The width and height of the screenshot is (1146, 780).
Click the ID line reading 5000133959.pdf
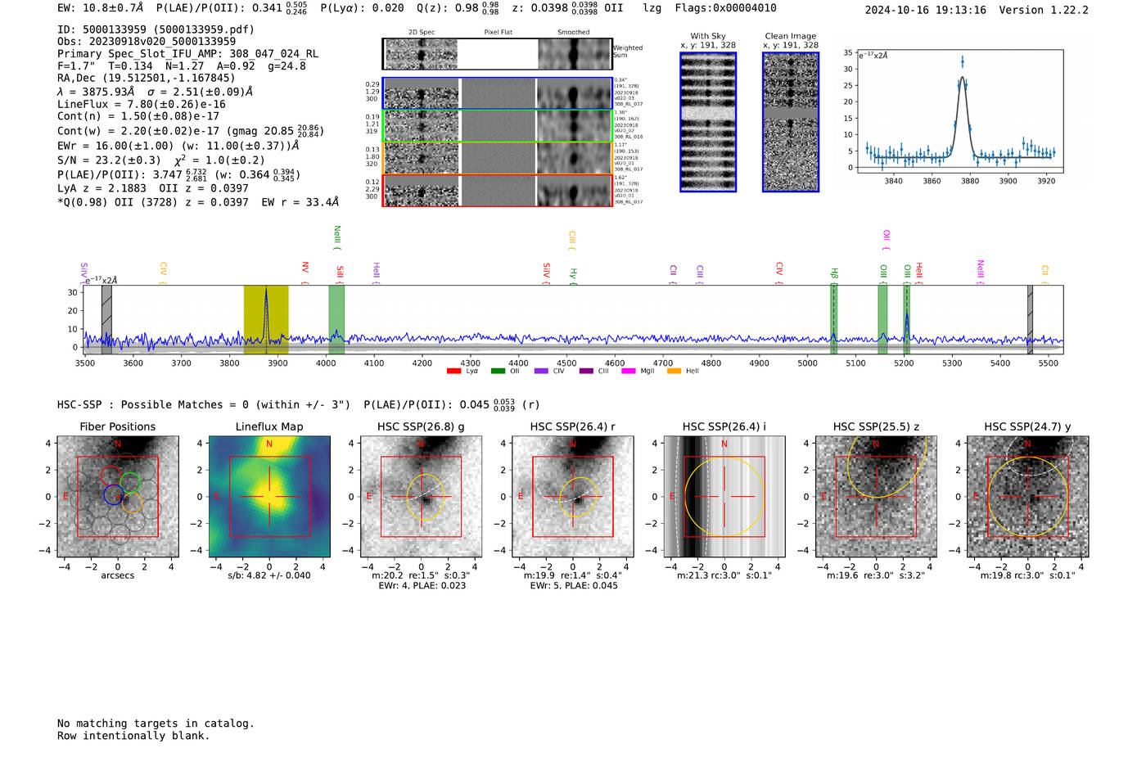(156, 29)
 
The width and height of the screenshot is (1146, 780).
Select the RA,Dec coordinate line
(146, 79)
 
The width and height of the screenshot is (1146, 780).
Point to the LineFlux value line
(141, 105)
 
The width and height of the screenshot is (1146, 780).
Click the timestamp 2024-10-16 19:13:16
(925, 10)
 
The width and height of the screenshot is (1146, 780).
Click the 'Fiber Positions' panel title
(117, 426)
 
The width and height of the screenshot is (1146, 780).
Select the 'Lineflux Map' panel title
(268, 426)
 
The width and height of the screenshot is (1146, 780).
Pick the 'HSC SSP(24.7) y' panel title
(1027, 426)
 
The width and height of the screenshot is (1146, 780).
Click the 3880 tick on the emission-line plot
(970, 181)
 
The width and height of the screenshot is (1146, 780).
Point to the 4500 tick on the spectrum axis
(566, 363)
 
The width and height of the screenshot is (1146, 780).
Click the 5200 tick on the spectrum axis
(904, 363)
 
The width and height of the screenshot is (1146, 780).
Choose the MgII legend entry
(641, 372)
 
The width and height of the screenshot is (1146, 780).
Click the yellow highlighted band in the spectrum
(254, 319)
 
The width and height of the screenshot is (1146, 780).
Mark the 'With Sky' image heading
(708, 36)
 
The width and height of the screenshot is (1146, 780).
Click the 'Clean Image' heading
(790, 36)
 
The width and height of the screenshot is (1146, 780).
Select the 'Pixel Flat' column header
(498, 33)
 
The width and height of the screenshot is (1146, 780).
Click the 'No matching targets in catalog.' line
(156, 724)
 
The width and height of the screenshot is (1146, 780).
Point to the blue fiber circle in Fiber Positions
(112, 494)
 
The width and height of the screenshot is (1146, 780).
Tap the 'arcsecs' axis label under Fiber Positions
(117, 575)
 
